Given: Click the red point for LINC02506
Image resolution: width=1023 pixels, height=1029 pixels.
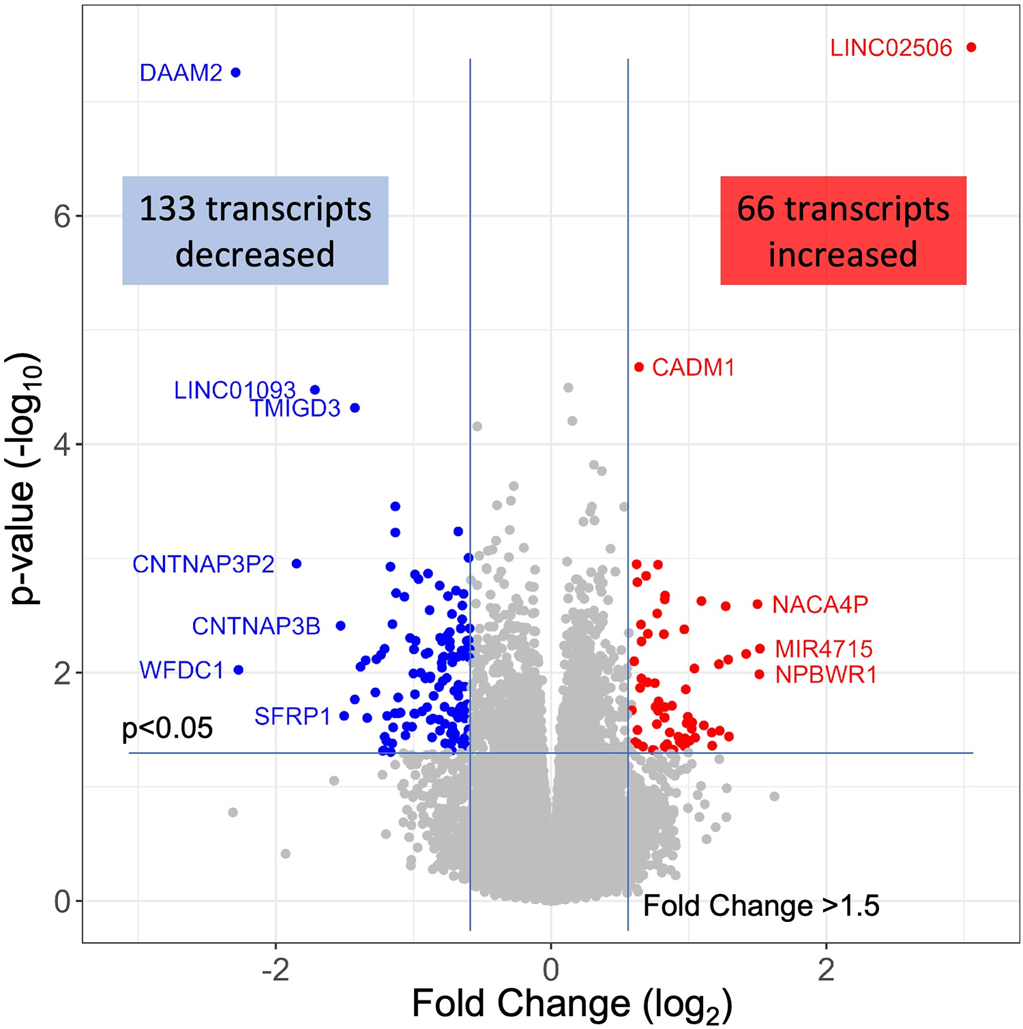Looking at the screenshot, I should [x=971, y=47].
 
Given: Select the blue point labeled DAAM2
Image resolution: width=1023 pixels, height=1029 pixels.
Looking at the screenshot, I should [x=236, y=72].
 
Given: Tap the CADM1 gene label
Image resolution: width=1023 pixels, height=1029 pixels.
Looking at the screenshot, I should [x=693, y=368].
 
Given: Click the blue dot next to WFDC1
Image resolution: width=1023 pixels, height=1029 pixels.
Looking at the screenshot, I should [x=239, y=670].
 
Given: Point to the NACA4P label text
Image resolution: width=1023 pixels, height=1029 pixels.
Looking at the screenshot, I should [x=820, y=604].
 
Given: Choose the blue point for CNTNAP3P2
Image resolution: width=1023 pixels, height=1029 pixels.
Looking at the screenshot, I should [x=297, y=563].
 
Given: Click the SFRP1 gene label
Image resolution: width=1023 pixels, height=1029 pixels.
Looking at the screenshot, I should [x=292, y=716].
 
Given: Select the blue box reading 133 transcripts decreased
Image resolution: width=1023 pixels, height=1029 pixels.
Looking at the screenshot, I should [x=255, y=230].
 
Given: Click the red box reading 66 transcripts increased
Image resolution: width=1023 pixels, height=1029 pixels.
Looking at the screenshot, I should [x=843, y=230].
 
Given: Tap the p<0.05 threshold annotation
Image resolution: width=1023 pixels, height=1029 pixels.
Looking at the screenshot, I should [x=167, y=728].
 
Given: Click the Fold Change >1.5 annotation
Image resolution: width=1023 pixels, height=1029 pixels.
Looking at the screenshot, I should [x=761, y=906].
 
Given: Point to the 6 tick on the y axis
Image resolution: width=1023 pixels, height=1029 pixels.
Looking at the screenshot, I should [x=62, y=216].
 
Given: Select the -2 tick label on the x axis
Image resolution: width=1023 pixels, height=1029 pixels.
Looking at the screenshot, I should [x=275, y=970].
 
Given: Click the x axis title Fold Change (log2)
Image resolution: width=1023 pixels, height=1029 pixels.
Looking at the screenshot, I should [x=572, y=1004].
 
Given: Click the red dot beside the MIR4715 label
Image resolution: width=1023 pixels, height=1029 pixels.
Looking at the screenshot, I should [x=760, y=648].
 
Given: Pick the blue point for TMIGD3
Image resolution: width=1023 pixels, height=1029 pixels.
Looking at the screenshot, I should [x=355, y=408].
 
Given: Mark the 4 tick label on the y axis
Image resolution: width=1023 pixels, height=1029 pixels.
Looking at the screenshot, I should [x=62, y=445].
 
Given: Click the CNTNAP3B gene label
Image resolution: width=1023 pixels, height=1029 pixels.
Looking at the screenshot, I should [x=256, y=626].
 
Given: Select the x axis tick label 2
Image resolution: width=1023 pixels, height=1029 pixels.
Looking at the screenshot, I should [x=826, y=970].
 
